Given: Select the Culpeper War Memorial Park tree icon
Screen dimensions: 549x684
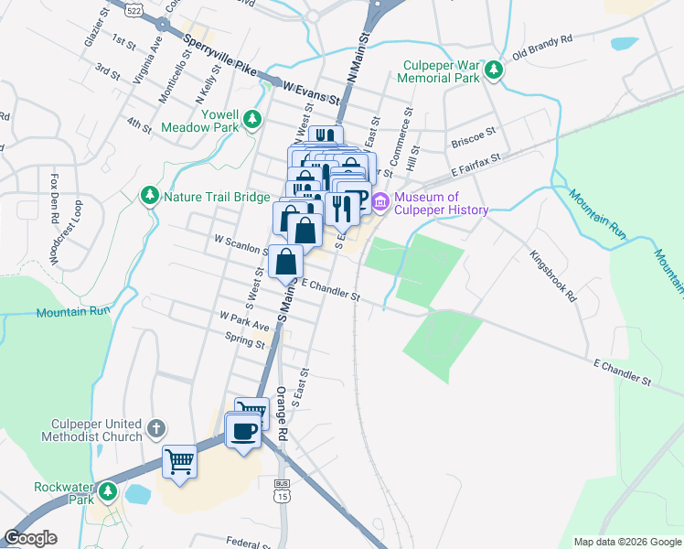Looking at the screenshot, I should point(494,70).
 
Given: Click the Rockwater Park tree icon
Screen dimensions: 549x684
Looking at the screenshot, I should point(109,493).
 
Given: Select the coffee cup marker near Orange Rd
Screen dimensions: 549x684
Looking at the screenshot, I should point(243,431).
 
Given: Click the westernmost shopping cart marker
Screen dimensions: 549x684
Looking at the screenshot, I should point(180,461).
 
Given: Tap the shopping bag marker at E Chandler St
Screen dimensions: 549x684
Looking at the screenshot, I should point(287,262).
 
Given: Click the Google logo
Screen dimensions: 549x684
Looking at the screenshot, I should point(31,538).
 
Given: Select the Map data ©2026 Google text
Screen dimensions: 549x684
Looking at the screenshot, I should point(626,542).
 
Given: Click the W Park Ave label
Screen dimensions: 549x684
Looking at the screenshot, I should point(245,319).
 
